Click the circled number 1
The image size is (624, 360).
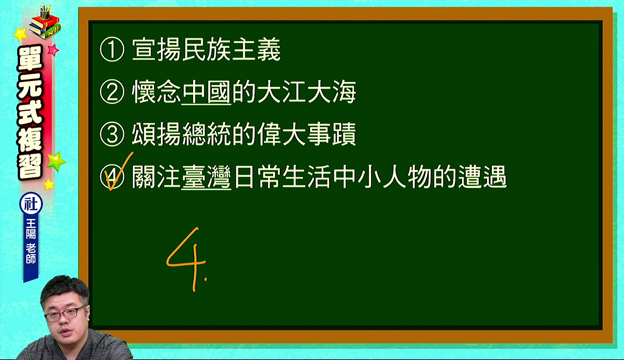[112, 50]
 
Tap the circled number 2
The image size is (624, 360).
[112, 92]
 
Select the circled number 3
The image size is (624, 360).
[112, 134]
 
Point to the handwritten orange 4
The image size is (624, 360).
[186, 260]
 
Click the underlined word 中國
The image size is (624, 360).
[206, 92]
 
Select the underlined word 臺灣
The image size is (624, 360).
[206, 177]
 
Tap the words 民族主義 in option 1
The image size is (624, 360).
[232, 50]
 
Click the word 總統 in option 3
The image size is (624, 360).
[206, 134]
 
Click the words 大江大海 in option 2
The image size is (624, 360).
[307, 92]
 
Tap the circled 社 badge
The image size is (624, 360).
[31, 204]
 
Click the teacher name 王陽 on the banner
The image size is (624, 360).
[31, 228]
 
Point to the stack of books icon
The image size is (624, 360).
[45, 23]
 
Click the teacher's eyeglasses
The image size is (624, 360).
[65, 314]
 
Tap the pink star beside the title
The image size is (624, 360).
[53, 50]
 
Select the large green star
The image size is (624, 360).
[56, 161]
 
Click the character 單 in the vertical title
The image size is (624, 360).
[30, 58]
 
